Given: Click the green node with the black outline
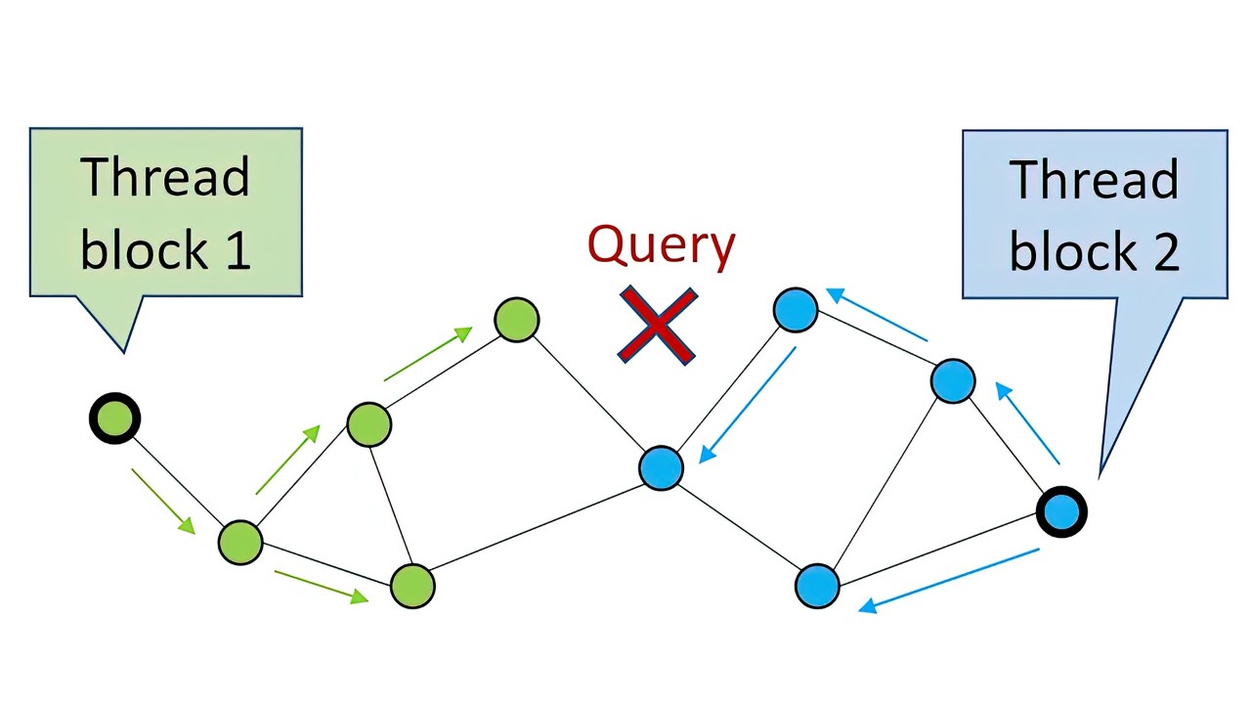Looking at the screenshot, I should pyautogui.click(x=115, y=418).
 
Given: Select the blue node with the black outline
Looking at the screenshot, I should pyautogui.click(x=1060, y=511).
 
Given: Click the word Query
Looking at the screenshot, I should pyautogui.click(x=661, y=244).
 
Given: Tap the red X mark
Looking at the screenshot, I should pyautogui.click(x=658, y=326).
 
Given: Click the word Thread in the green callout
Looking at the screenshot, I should pyautogui.click(x=165, y=177).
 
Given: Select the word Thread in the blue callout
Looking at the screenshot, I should pyautogui.click(x=1094, y=180).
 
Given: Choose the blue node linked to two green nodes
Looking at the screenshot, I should pyautogui.click(x=661, y=468).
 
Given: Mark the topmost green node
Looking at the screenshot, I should pyautogui.click(x=516, y=320).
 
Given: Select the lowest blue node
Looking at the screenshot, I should pyautogui.click(x=817, y=586).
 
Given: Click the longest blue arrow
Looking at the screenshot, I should pyautogui.click(x=948, y=579).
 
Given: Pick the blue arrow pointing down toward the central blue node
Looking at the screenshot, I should pyautogui.click(x=748, y=405).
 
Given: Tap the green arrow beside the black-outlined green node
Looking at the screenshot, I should pyautogui.click(x=162, y=501).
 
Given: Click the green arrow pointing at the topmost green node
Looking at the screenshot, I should pyautogui.click(x=428, y=354).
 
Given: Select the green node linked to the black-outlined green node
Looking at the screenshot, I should pyautogui.click(x=240, y=542).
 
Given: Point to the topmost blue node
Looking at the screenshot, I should pyautogui.click(x=796, y=310).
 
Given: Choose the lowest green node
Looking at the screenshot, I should pyautogui.click(x=411, y=586).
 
